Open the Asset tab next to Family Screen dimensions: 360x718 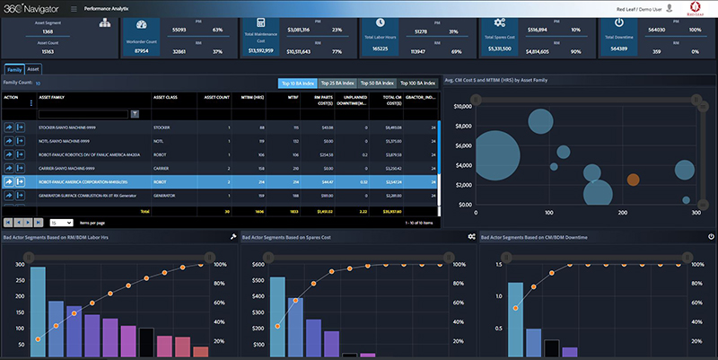(x=33, y=68)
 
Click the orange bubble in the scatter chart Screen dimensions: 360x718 (x=633, y=178)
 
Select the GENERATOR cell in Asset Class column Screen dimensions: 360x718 (x=166, y=195)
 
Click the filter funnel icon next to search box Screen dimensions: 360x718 (x=135, y=114)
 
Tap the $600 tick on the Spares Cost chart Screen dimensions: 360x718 (x=254, y=264)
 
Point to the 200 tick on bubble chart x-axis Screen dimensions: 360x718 (x=622, y=212)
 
